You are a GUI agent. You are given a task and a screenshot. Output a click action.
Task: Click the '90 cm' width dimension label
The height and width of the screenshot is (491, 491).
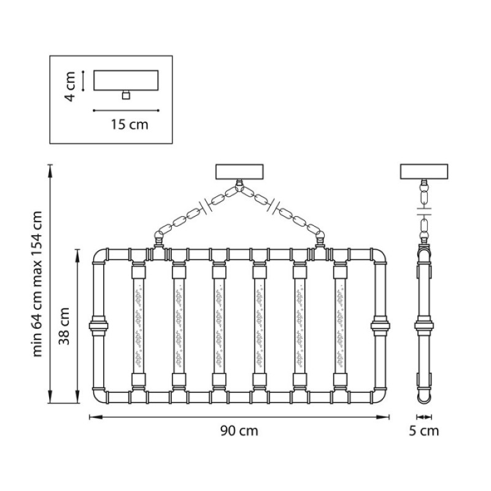(x=239, y=431)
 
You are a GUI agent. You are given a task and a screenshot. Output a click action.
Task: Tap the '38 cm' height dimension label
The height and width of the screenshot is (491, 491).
(x=64, y=326)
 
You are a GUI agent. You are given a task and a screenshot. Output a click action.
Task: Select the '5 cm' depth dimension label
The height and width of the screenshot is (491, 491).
(x=423, y=431)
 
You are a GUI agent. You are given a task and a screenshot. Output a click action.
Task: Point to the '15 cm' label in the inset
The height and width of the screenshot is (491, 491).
(x=130, y=125)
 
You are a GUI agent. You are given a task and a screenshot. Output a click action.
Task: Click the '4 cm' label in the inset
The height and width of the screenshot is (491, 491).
(x=69, y=87)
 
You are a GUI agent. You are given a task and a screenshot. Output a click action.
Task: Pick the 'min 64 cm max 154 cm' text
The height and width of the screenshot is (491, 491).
(x=37, y=284)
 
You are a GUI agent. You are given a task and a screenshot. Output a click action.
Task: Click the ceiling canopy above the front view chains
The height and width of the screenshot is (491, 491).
(x=239, y=172)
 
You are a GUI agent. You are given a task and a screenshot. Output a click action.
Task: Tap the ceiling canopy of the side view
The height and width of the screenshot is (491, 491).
(x=424, y=172)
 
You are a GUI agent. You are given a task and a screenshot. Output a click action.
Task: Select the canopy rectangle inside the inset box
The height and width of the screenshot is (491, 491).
(x=126, y=80)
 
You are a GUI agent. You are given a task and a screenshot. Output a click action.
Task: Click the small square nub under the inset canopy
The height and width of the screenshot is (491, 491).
(x=126, y=95)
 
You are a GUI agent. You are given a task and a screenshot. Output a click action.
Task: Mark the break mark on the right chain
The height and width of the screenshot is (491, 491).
(x=273, y=206)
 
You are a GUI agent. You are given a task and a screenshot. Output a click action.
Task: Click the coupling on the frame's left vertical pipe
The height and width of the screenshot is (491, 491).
(x=98, y=326)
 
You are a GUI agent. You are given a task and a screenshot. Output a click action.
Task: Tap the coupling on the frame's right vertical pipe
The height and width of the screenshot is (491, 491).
(x=380, y=326)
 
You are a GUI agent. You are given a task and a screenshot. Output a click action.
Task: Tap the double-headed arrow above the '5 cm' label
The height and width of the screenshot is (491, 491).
(x=424, y=417)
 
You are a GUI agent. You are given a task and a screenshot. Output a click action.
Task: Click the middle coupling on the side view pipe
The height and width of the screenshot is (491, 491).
(x=424, y=326)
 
